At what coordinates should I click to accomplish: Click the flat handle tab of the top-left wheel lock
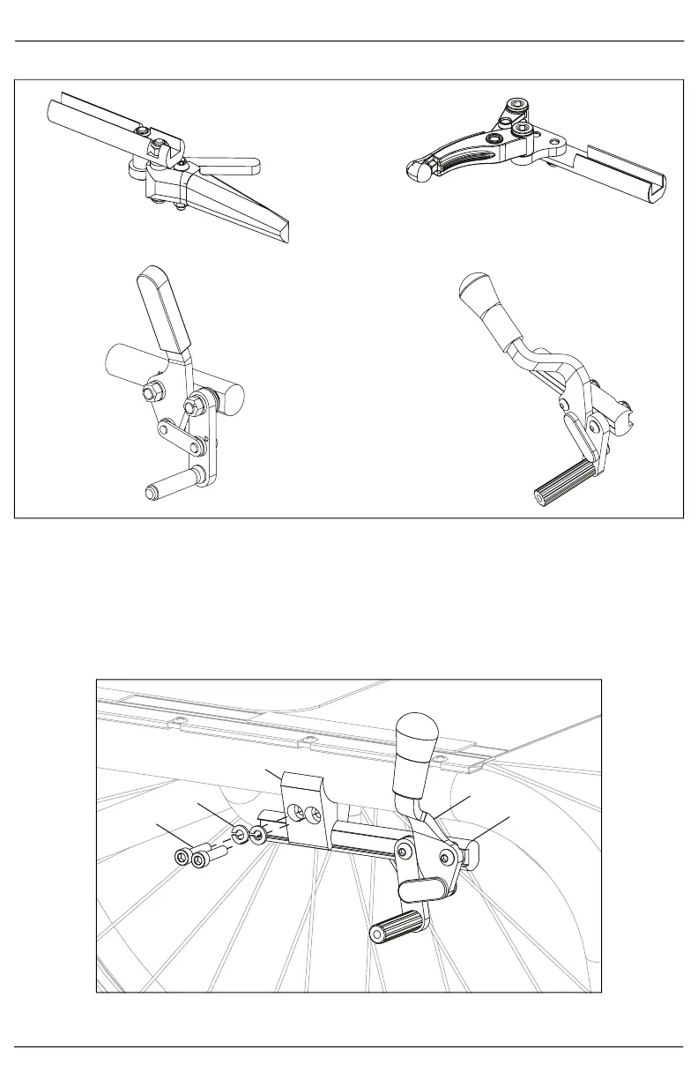pyautogui.click(x=231, y=164)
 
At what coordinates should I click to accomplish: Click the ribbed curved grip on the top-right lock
pyautogui.click(x=457, y=158)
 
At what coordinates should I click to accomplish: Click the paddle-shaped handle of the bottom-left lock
pyautogui.click(x=164, y=309)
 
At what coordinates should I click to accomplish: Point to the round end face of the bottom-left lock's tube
pyautogui.click(x=231, y=398)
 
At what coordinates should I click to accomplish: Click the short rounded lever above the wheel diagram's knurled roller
pyautogui.click(x=421, y=888)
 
